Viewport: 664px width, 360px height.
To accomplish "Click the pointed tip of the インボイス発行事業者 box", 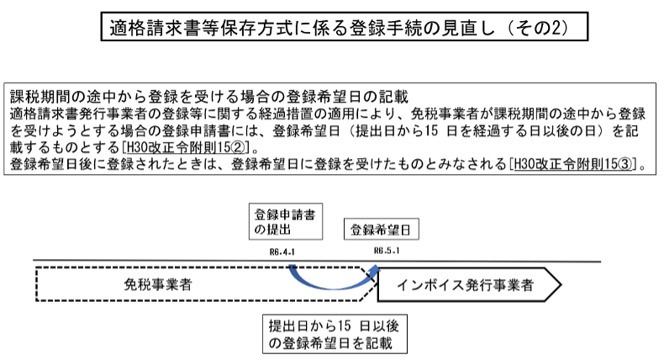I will tap(558, 285).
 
